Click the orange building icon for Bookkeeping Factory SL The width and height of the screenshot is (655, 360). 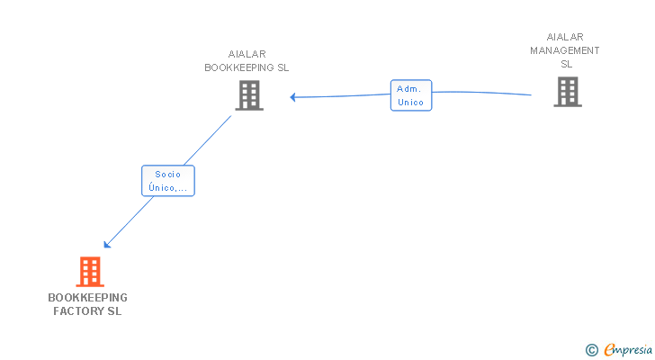pos(89,271)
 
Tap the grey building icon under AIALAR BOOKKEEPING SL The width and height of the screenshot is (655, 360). pos(249,94)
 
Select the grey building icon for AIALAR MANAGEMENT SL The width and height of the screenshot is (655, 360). pos(567,92)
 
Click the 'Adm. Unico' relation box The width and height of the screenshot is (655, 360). pos(411,95)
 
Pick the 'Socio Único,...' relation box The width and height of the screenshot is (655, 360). pos(168,181)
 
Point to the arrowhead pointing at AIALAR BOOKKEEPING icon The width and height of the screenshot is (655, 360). pos(293,96)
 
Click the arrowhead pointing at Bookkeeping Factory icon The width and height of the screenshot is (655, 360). pos(107,244)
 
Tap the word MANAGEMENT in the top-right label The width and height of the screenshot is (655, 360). pos(564,50)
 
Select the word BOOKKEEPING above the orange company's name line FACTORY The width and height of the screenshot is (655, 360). pos(87,297)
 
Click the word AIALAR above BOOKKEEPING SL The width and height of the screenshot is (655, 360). pos(247,54)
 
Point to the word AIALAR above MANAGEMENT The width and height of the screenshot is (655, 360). pos(565,37)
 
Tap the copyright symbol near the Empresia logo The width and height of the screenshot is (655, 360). pos(592,350)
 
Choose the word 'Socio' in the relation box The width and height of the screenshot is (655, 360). pos(168,175)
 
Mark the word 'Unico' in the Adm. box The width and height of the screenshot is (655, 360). pos(411,103)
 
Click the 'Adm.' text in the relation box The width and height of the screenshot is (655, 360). pos(410,89)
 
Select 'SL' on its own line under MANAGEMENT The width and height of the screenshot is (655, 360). pos(566,64)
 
